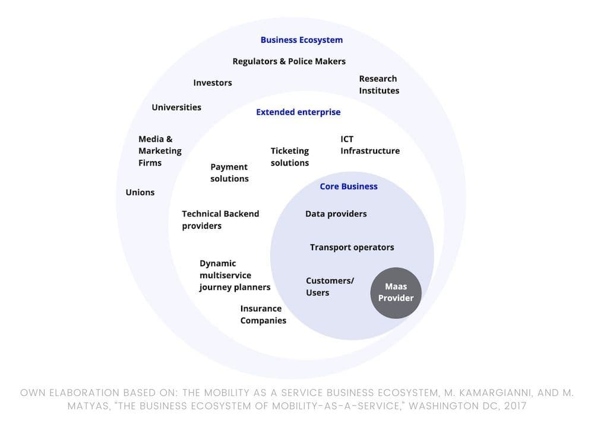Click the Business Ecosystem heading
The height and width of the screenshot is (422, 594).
[301, 40]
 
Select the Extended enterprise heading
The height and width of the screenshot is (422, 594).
[298, 112]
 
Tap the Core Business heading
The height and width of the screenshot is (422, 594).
[349, 186]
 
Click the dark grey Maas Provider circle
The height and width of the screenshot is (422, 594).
[396, 292]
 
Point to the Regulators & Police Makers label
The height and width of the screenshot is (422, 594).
[289, 61]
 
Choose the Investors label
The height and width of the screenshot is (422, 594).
[212, 83]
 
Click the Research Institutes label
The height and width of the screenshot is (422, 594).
[378, 84]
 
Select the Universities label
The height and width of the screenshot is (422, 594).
[176, 108]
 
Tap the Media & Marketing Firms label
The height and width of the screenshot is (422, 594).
[160, 151]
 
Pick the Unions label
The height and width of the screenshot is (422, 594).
[140, 192]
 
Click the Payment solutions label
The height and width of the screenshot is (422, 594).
[229, 172]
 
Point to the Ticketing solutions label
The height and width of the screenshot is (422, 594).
[289, 156]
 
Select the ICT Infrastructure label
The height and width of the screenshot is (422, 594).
[369, 145]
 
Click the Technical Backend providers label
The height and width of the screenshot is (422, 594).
[220, 219]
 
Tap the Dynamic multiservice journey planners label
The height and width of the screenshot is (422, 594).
[235, 275]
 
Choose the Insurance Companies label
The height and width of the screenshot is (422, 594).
[263, 314]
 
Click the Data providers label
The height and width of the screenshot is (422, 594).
[336, 213]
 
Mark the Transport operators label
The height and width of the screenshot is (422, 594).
[352, 247]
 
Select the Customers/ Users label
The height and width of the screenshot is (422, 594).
[329, 286]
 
